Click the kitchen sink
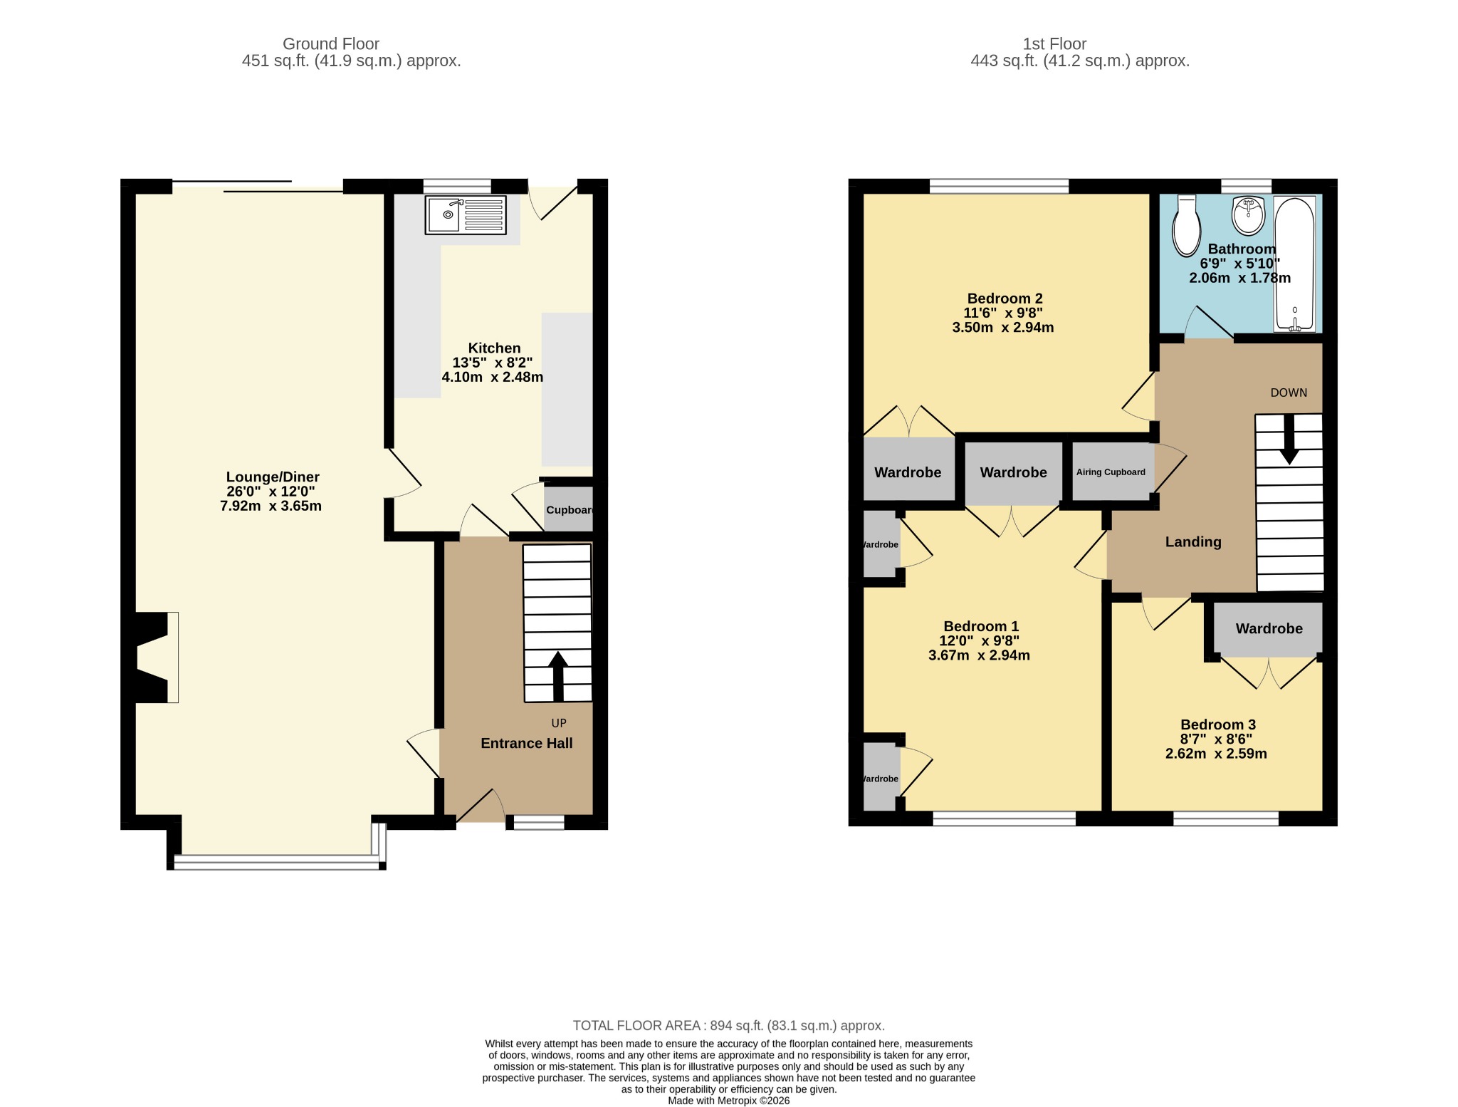[466, 215]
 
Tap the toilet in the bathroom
[1187, 226]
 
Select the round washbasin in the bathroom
[1248, 216]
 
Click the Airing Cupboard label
[1111, 472]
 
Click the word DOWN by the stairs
[1289, 393]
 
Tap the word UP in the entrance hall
[559, 723]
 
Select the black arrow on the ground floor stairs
[558, 676]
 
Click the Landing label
[1193, 542]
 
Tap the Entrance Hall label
[527, 744]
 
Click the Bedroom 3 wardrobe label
[1269, 629]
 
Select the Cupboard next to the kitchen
[569, 509]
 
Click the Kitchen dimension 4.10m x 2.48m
[493, 378]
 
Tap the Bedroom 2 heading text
[1005, 298]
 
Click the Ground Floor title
[331, 44]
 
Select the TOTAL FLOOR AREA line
[729, 1026]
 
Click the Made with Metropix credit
[729, 1101]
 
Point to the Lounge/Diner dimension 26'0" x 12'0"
[271, 492]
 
